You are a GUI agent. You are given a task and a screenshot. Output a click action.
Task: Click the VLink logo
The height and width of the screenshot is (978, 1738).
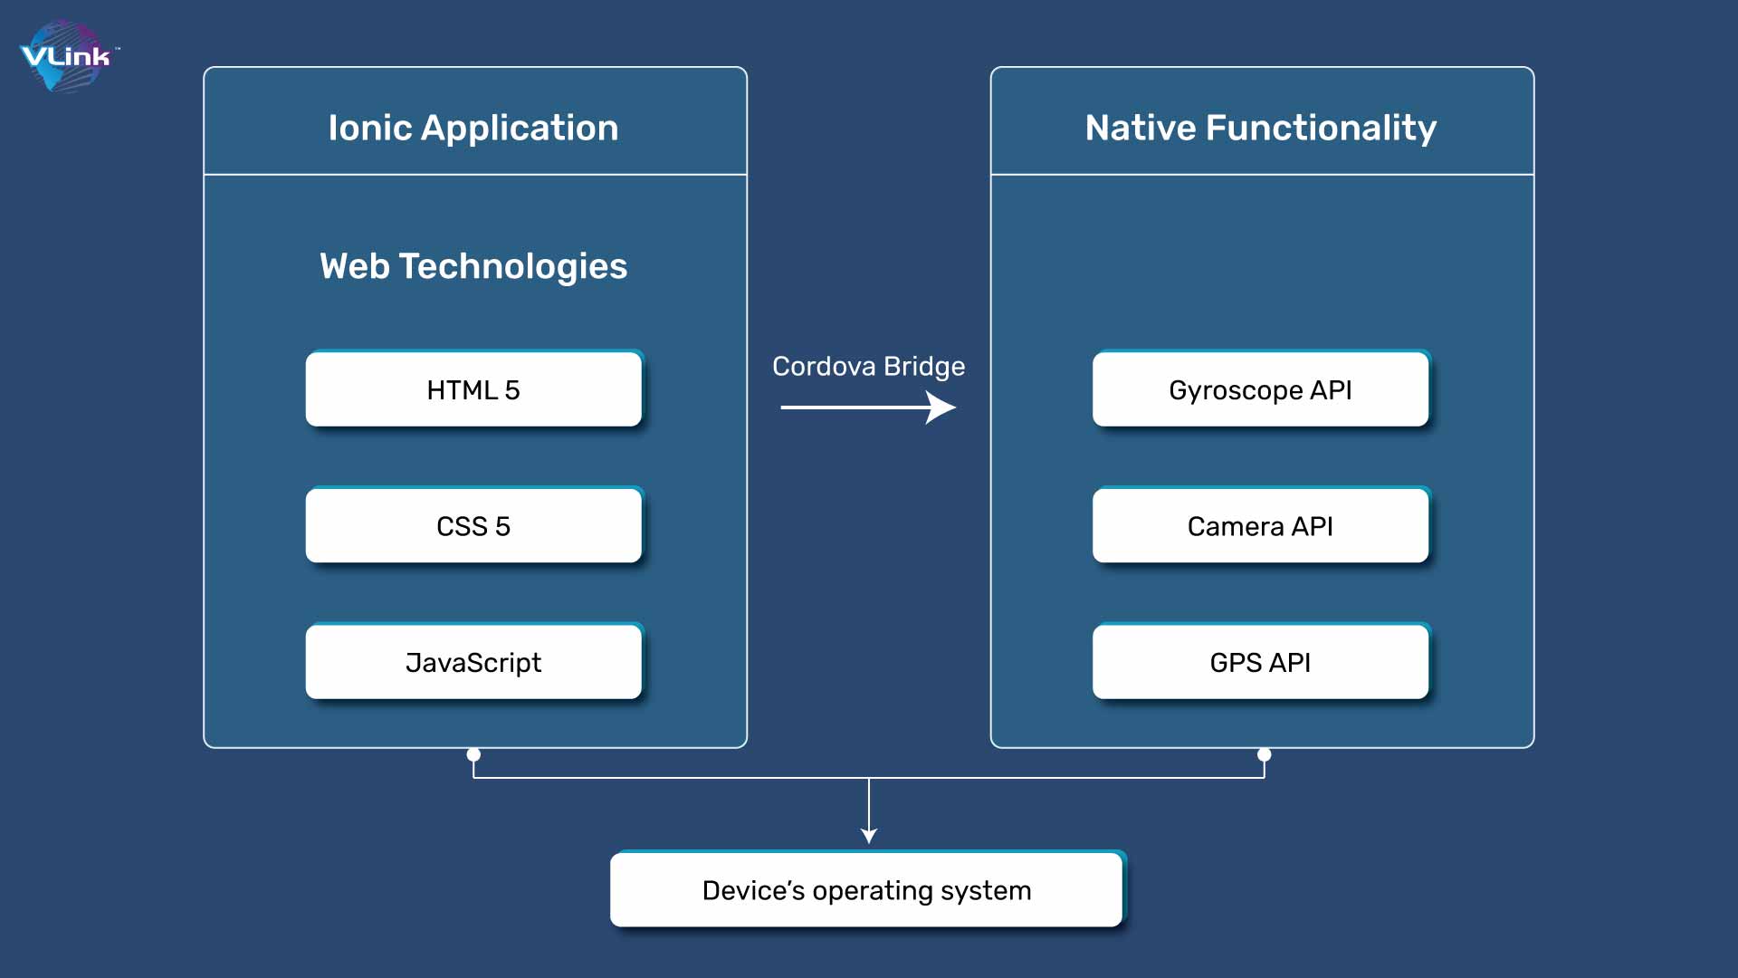(68, 56)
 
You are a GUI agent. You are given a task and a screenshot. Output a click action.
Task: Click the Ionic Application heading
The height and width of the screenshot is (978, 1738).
(473, 128)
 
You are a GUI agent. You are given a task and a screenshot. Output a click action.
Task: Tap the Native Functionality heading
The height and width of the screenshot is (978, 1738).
(1261, 128)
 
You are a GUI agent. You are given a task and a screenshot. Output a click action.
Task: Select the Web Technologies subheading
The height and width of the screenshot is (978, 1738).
(473, 266)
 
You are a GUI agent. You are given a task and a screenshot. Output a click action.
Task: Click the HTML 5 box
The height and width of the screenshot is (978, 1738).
(473, 388)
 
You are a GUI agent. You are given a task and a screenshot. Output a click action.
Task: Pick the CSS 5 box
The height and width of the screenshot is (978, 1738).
(473, 525)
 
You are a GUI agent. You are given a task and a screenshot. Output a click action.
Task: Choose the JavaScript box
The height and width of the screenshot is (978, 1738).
(473, 661)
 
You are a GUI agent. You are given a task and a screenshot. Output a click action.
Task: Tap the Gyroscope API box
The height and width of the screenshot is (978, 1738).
(1261, 388)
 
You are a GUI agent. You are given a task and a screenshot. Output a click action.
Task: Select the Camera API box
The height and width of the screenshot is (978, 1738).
(1261, 525)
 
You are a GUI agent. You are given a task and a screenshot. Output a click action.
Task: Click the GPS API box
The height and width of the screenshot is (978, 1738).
(1261, 661)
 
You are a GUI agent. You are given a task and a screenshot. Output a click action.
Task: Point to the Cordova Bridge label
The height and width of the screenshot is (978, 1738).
(868, 367)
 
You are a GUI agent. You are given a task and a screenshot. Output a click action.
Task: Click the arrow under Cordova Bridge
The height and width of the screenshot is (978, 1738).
(868, 407)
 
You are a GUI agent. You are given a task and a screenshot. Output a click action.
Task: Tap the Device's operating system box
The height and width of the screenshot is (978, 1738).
(867, 889)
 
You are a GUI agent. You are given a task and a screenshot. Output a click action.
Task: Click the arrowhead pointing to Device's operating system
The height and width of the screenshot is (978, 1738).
(869, 836)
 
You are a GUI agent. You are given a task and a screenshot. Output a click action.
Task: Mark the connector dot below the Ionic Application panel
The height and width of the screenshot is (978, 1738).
(473, 754)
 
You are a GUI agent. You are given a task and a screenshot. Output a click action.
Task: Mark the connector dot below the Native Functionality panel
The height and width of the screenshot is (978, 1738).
(1265, 754)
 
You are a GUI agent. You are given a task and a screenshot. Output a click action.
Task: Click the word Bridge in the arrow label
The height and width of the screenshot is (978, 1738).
(924, 368)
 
